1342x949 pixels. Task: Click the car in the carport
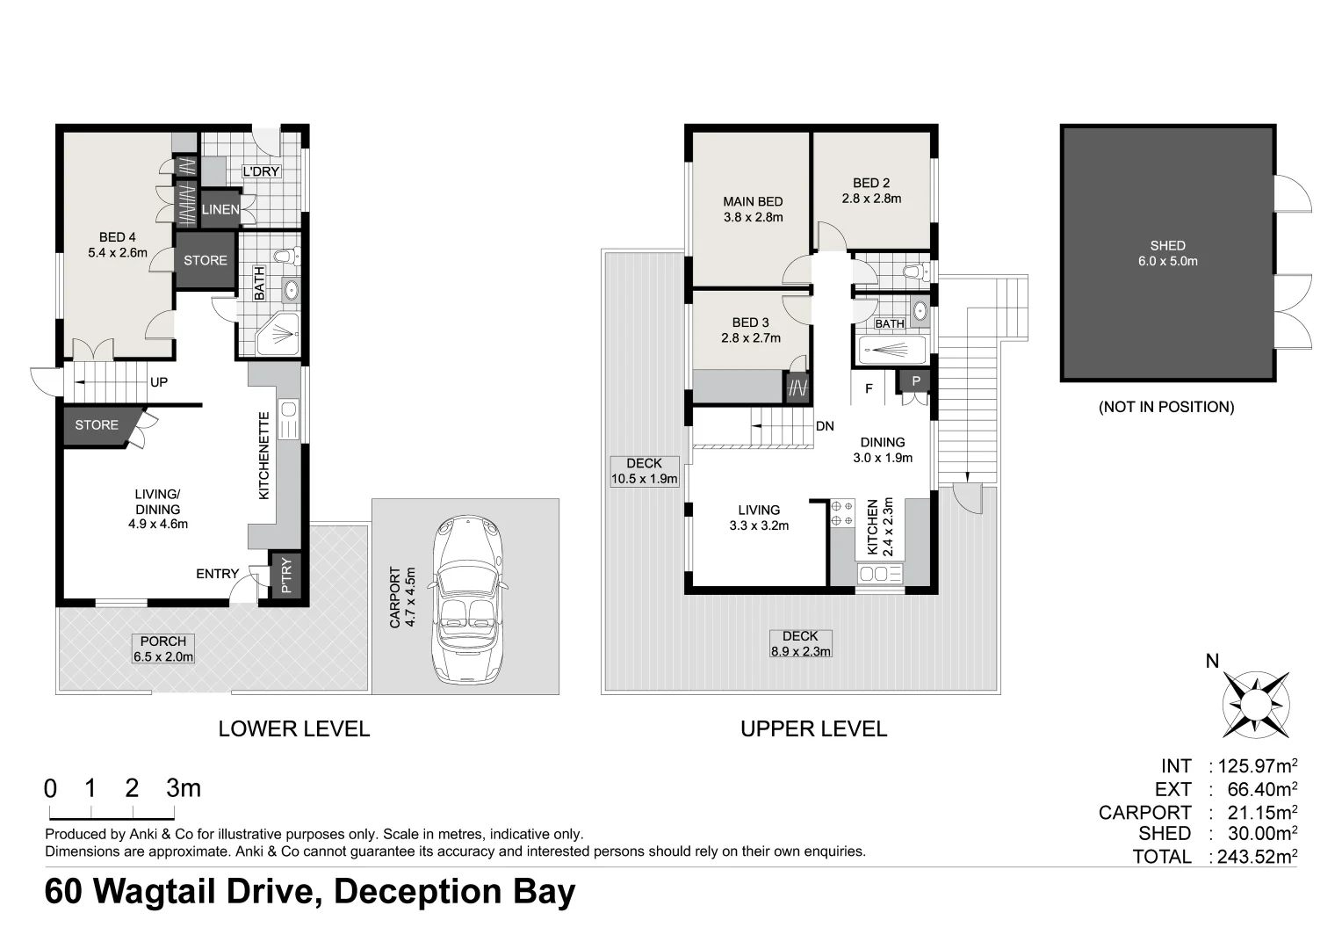465,599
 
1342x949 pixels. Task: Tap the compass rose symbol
1257,704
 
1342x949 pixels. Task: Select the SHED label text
1167,246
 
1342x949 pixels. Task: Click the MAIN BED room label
753,202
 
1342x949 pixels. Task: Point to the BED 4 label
117,237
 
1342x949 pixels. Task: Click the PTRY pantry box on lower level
285,576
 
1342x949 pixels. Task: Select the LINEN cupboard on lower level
220,209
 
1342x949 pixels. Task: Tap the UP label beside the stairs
159,382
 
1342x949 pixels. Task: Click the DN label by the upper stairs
825,426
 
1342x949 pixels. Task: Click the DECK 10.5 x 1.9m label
644,472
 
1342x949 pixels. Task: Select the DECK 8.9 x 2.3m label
800,644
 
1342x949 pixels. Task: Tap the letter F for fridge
869,388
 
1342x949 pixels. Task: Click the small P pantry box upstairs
915,381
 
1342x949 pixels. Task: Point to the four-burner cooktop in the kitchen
842,513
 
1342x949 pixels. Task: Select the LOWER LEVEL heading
293,728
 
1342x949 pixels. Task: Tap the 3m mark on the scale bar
183,788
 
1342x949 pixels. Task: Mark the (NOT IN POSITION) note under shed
1166,407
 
